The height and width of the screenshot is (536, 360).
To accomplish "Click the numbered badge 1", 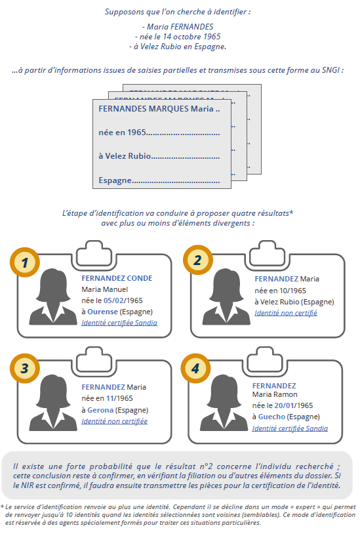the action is [x=25, y=262].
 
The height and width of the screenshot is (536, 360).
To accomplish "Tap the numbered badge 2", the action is [x=198, y=260].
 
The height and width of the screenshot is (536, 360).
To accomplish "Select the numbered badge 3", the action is [x=25, y=369].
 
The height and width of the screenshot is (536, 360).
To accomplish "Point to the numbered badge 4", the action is [x=195, y=369].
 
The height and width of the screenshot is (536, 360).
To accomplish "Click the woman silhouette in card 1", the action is [x=53, y=297].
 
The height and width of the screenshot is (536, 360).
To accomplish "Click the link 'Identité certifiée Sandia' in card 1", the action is [x=119, y=323].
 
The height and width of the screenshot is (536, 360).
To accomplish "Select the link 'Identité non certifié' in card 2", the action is [x=285, y=313].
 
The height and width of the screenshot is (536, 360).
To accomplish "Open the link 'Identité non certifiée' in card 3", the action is [x=114, y=421].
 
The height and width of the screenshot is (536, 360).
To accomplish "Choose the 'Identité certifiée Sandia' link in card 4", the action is [x=290, y=428].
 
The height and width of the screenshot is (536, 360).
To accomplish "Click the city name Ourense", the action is [x=102, y=312].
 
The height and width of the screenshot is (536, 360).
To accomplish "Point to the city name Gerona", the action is [x=100, y=410].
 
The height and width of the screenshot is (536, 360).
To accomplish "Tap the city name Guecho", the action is [x=271, y=417].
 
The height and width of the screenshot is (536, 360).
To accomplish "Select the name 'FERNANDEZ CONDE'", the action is [x=117, y=278].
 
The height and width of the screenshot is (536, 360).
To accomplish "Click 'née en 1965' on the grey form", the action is [x=122, y=133].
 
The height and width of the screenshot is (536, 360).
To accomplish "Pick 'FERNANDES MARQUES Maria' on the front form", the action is [x=156, y=109].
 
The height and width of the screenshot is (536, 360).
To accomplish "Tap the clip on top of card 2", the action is [x=267, y=253].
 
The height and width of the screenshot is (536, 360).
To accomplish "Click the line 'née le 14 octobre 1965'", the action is [x=178, y=37].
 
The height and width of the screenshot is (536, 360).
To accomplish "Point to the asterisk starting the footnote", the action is [x=2, y=506].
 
